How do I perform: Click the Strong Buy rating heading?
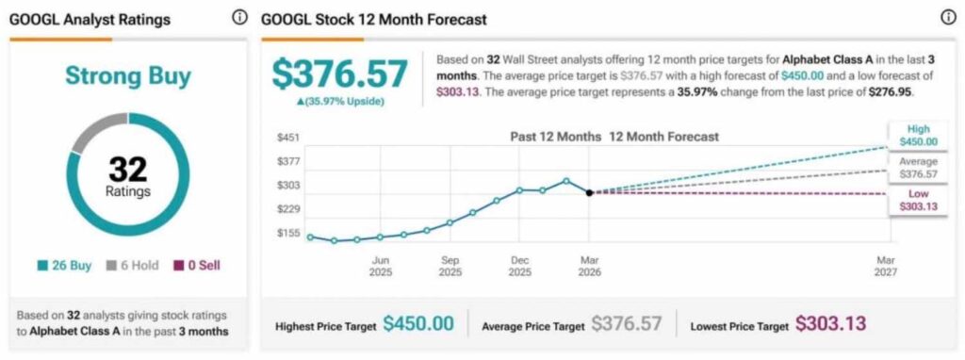pos(128,76)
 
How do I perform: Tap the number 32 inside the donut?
pos(128,170)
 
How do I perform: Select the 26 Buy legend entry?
pos(66,266)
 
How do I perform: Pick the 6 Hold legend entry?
pos(132,266)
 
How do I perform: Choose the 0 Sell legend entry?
pos(198,266)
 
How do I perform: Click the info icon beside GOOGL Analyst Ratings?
pos(238,18)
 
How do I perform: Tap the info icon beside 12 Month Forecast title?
pos(948,18)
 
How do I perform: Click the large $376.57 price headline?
pos(340,74)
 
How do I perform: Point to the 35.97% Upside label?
pos(340,101)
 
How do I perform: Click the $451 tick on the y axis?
pos(287,138)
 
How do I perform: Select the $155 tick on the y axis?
pos(287,233)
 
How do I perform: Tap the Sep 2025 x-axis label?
pos(450,266)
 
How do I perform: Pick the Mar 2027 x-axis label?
pos(885,266)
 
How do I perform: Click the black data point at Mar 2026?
pos(589,192)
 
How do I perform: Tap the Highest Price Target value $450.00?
pos(418,323)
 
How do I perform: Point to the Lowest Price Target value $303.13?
pos(830,323)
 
